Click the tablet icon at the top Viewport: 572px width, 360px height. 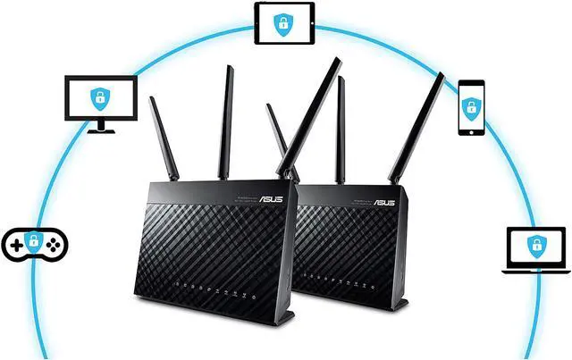pyautogui.click(x=282, y=23)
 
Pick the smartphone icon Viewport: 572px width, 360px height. pyautogui.click(x=471, y=108)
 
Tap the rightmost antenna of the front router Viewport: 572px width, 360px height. pyautogui.click(x=308, y=116)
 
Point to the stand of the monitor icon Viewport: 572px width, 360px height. pyautogui.click(x=102, y=127)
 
